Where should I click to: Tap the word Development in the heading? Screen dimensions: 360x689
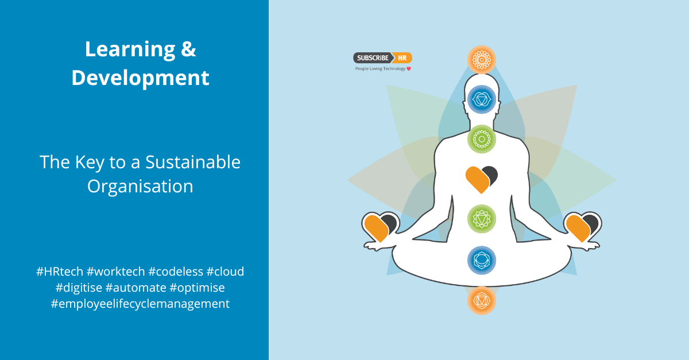coord(140,78)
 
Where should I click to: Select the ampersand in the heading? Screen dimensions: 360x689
coord(188,50)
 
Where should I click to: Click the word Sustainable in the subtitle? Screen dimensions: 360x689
coord(193,162)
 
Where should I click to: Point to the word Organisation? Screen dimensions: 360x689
coord(140,186)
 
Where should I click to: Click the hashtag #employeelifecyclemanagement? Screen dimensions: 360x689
coord(140,304)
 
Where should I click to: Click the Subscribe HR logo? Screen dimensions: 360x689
coord(382,58)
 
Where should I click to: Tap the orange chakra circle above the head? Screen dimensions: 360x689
coord(481,59)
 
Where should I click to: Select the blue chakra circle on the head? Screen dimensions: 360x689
coord(481,100)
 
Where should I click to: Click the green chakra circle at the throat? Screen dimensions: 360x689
coord(481,138)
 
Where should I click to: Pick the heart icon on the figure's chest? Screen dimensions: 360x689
coord(481,179)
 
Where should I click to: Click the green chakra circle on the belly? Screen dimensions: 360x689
coord(481,218)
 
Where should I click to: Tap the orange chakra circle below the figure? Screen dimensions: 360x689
coord(481,300)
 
